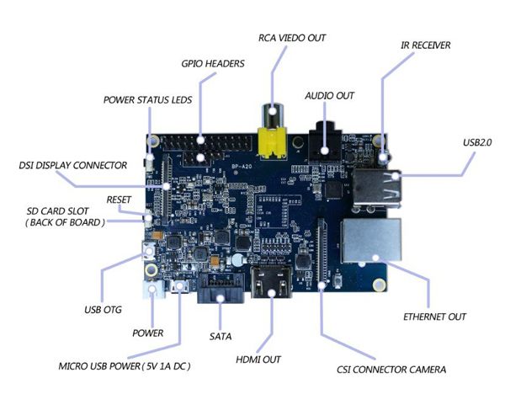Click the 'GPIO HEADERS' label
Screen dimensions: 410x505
213,63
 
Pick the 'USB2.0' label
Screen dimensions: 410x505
477,142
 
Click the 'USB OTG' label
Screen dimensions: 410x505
103,310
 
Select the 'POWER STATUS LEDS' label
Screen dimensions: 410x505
148,99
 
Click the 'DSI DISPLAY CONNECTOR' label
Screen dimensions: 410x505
72,165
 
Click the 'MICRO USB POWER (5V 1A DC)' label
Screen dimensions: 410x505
124,367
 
